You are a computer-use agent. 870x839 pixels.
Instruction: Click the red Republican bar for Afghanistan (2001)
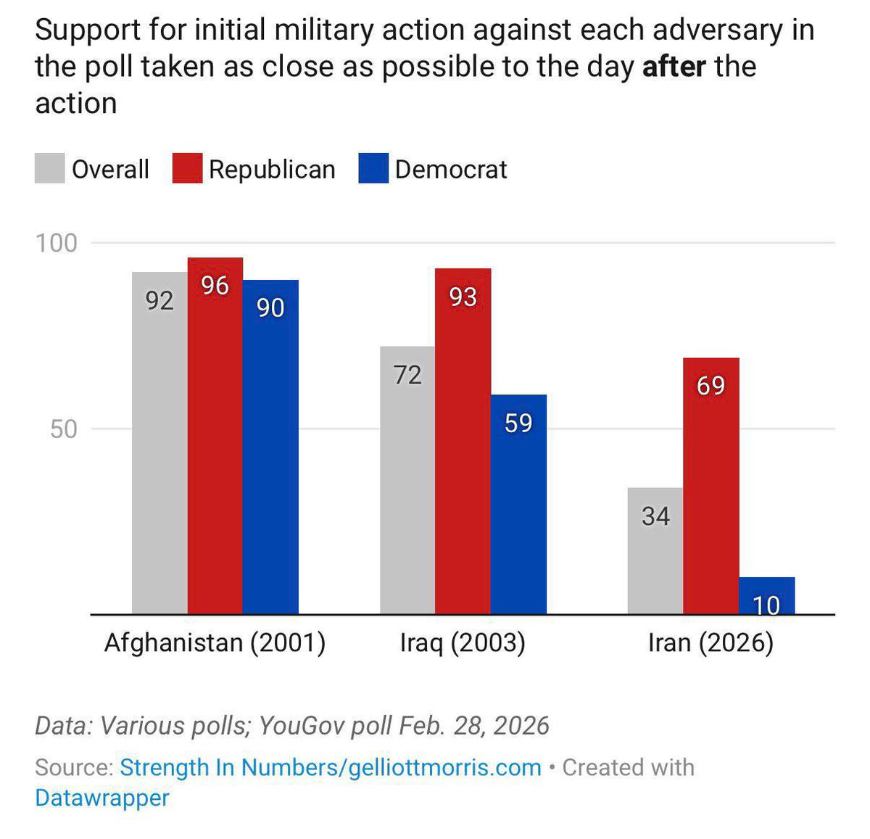[x=215, y=435]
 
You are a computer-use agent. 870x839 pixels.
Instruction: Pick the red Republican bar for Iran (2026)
[x=710, y=486]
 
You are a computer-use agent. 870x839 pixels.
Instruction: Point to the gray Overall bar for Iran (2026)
[x=655, y=551]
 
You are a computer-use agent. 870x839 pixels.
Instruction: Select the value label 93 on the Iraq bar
[x=463, y=297]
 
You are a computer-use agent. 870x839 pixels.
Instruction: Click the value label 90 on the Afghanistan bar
[x=270, y=307]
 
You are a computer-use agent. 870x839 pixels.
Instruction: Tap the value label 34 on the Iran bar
[x=655, y=516]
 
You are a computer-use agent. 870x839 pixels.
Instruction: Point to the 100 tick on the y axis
[x=57, y=243]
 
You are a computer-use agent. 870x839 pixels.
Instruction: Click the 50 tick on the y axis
[x=63, y=429]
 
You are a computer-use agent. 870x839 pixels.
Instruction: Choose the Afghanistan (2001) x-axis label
[x=215, y=642]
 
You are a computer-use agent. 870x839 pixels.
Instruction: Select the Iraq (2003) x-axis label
[x=463, y=642]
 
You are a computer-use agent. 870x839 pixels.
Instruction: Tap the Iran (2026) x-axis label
[x=710, y=642]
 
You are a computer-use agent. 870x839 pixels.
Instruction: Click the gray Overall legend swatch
[x=49, y=168]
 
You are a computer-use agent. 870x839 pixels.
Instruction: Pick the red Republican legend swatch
[x=187, y=168]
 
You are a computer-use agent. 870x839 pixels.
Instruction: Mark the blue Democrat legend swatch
[x=373, y=168]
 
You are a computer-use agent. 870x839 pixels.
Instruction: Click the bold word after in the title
[x=674, y=67]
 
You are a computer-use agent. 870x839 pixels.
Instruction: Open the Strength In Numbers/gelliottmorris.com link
[x=331, y=767]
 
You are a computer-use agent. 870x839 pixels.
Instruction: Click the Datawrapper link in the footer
[x=102, y=798]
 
